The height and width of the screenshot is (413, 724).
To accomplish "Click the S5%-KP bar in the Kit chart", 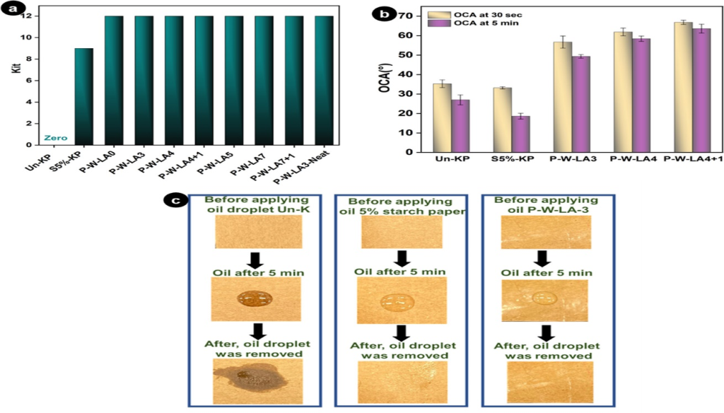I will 83,96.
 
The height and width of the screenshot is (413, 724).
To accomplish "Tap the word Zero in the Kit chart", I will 55,138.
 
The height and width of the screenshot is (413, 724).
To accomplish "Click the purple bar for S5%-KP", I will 521,134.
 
